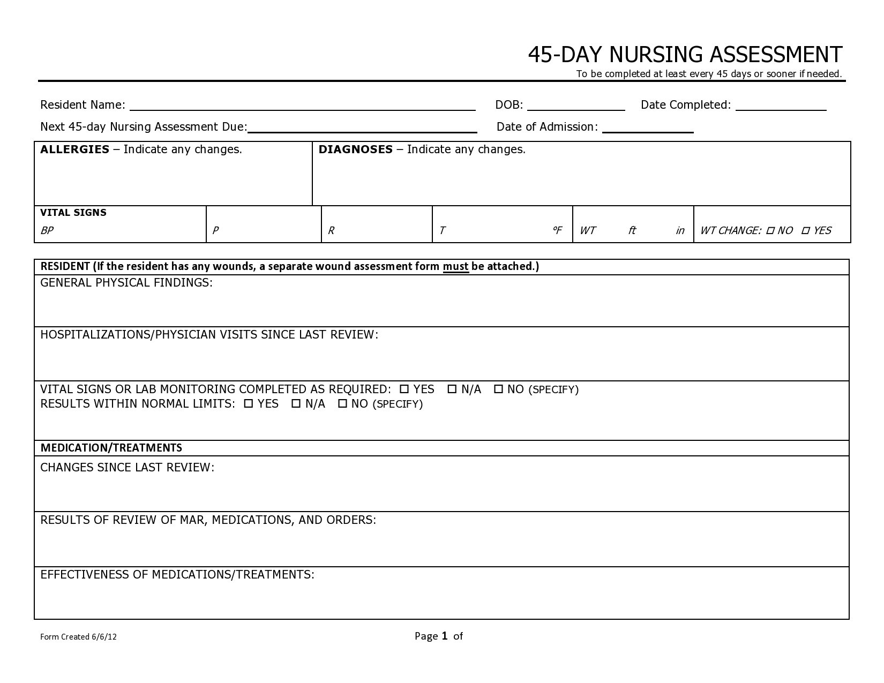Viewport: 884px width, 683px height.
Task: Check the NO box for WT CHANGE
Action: click(770, 231)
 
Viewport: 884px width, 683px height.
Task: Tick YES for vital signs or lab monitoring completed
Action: click(404, 389)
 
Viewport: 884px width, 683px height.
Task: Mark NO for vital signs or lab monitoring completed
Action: click(498, 389)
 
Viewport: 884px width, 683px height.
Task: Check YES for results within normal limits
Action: click(249, 404)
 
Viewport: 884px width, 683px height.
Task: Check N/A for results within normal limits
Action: click(296, 404)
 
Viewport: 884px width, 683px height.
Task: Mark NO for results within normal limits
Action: click(343, 404)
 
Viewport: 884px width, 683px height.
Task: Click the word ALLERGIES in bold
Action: click(74, 149)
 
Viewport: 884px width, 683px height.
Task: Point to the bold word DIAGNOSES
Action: click(355, 149)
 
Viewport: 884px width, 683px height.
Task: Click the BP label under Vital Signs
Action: click(47, 231)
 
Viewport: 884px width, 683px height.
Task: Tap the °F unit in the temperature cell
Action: click(557, 230)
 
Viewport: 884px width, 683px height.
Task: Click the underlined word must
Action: click(455, 267)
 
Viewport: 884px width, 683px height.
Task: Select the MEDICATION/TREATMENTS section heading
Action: click(111, 448)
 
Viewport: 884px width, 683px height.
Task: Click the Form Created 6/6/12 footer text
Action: click(78, 637)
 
